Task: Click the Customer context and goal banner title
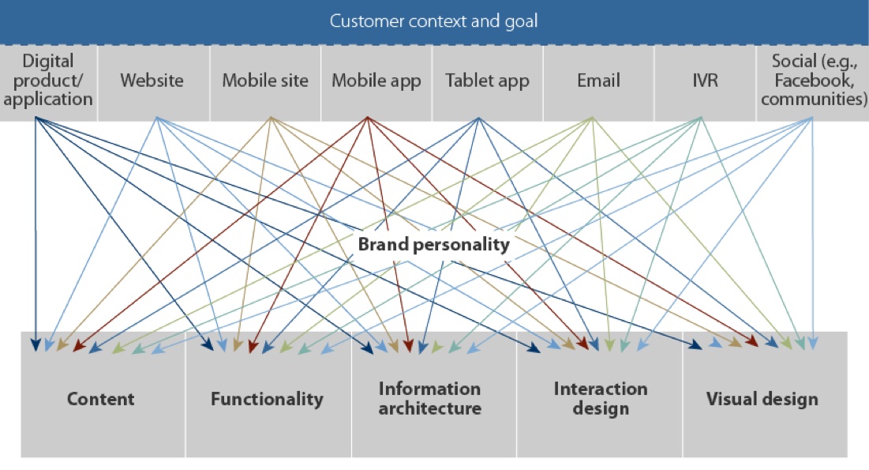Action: click(433, 21)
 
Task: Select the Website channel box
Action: click(152, 81)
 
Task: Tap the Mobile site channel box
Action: click(265, 81)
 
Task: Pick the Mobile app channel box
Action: click(376, 81)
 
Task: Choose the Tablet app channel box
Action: click(486, 81)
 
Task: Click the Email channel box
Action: click(598, 81)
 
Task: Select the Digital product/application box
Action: click(48, 81)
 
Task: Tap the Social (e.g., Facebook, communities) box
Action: click(813, 81)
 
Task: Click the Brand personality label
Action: click(433, 244)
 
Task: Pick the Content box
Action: click(101, 399)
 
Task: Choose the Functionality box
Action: click(267, 399)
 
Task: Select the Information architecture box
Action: click(429, 399)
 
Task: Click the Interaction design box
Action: click(600, 399)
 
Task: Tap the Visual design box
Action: click(762, 399)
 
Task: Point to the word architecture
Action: click(429, 409)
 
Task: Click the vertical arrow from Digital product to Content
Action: click(36, 237)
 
